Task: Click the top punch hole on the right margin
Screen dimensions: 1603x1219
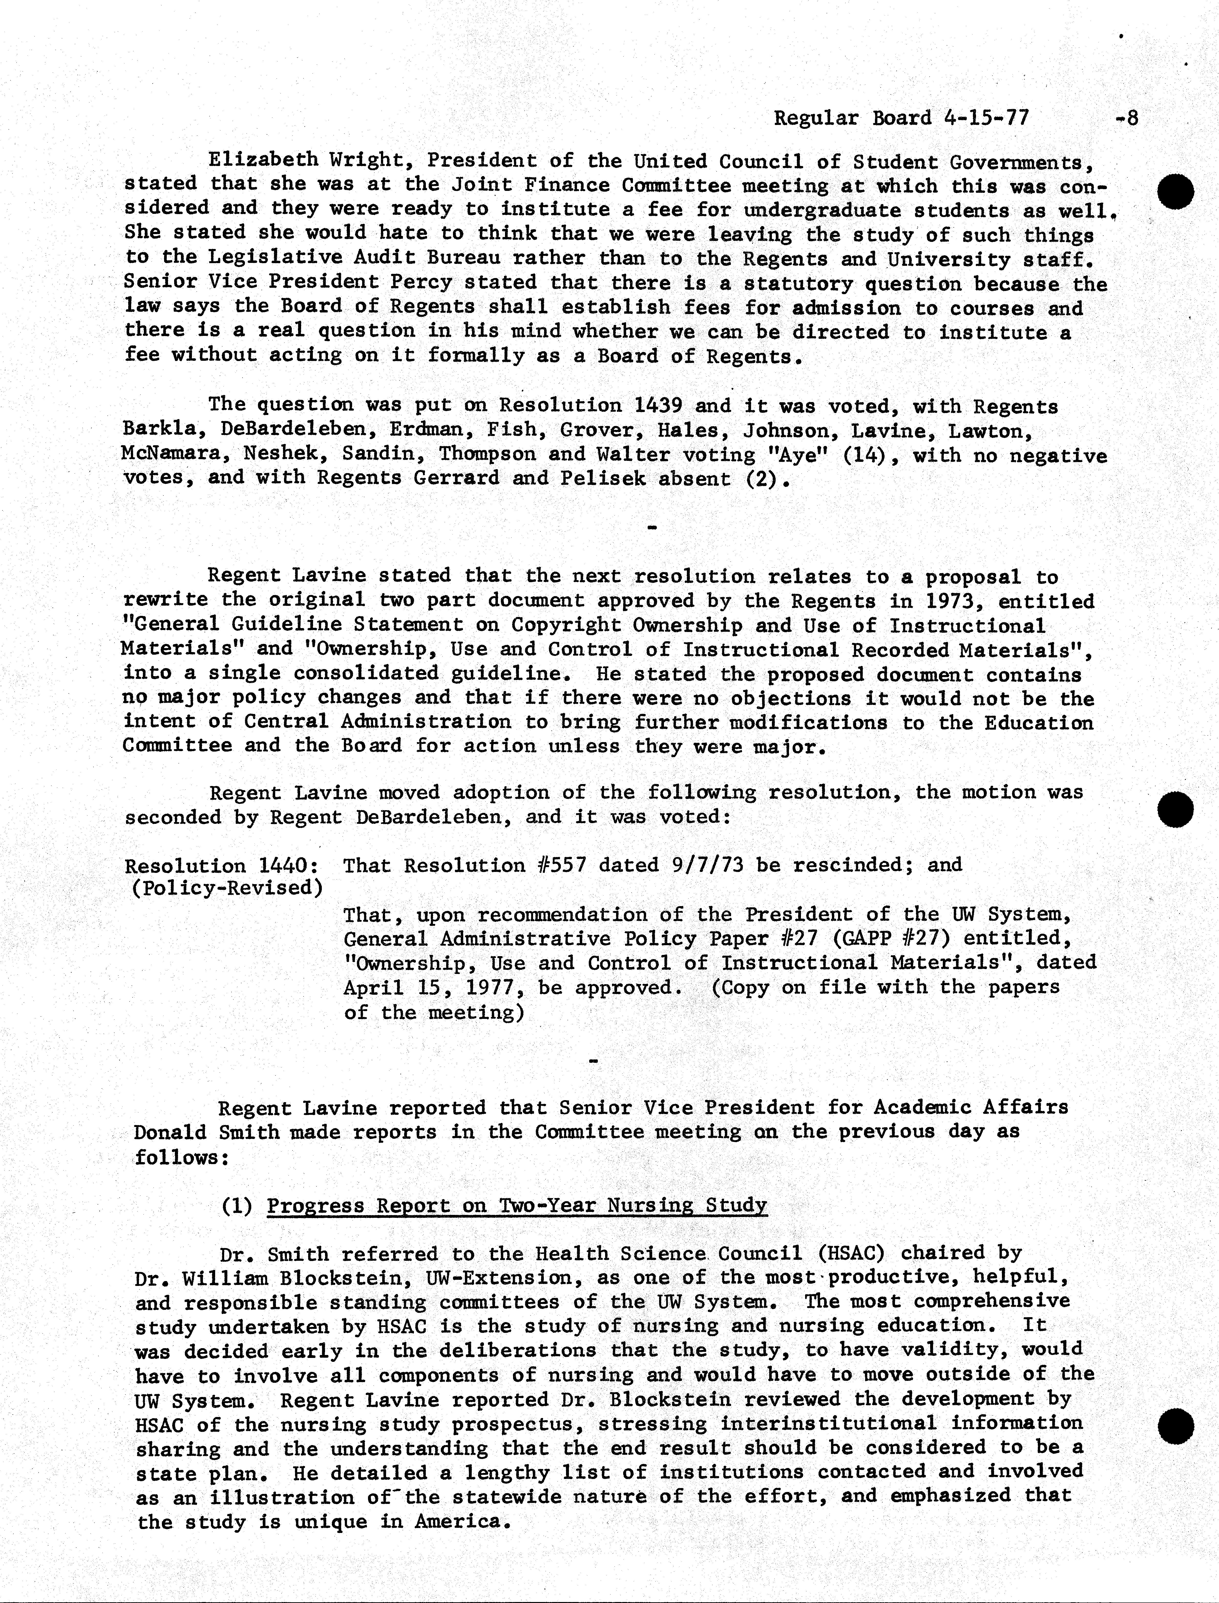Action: pos(1176,192)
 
